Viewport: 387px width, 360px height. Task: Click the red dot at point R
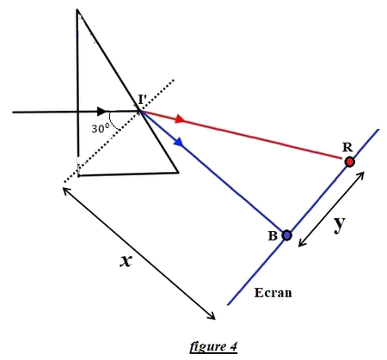[x=349, y=162]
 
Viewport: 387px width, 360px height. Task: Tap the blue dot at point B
[x=286, y=235]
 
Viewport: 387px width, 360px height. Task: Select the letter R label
[x=347, y=148]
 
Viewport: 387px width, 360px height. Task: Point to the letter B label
[x=273, y=236]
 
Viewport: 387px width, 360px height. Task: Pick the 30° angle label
[x=101, y=129]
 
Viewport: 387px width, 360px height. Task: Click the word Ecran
[x=273, y=293]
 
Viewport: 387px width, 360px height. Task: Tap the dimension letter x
[x=126, y=261]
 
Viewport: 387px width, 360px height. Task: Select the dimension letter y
[x=340, y=224]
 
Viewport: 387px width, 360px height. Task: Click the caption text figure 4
[x=213, y=346]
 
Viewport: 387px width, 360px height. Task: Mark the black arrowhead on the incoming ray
[x=101, y=112]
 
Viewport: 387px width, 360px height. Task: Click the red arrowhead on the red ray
[x=180, y=119]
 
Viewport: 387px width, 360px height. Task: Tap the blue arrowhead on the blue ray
[x=178, y=142]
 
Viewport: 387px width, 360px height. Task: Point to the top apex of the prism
[x=77, y=9]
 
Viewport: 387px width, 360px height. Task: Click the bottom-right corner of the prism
[x=178, y=173]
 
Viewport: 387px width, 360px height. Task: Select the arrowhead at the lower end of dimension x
[x=212, y=315]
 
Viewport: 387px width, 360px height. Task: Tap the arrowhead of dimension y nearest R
[x=360, y=175]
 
